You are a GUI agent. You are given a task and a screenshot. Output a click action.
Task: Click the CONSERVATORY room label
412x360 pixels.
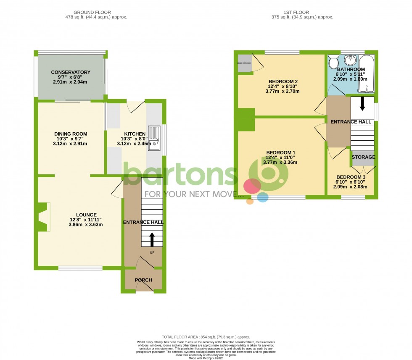pos(71,72)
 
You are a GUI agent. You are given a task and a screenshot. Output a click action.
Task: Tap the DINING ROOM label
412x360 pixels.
pos(70,134)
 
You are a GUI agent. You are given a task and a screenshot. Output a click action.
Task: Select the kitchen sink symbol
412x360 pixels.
pos(155,137)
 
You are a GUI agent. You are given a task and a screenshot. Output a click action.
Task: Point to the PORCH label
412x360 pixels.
pos(143,280)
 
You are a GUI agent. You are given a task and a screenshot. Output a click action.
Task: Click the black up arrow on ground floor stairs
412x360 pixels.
pos(152,239)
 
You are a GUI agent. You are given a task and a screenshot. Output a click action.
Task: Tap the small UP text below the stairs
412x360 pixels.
pos(152,252)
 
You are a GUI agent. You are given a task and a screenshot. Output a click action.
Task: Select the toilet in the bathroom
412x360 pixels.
pos(334,62)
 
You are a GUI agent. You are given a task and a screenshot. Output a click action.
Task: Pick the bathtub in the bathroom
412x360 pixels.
pos(367,74)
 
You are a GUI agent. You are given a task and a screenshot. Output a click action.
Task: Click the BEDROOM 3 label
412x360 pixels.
pos(350,177)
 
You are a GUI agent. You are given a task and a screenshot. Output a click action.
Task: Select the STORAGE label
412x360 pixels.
pos(363,157)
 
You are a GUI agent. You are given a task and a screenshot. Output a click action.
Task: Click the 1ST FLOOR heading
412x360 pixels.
pos(302,13)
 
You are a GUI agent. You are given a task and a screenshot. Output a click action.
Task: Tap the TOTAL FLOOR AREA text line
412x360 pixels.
pos(206,337)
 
